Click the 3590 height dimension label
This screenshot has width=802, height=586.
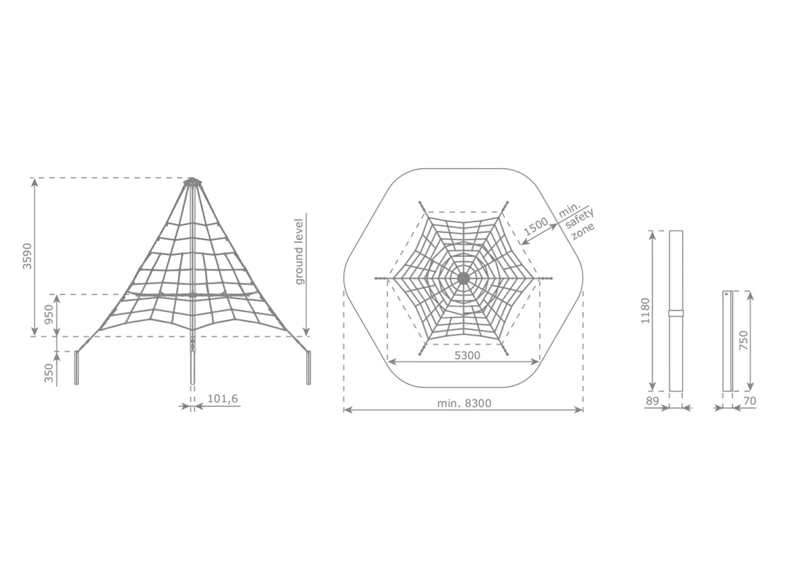point(28,256)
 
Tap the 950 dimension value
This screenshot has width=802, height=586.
point(49,314)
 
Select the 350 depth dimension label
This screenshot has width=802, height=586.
point(49,374)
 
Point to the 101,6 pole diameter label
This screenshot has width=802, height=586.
point(222,399)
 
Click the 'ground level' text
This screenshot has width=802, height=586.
point(299,252)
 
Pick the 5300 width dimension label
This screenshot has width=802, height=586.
point(467,355)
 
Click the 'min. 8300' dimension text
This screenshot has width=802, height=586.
point(464,403)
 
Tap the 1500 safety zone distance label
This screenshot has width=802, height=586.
point(536,226)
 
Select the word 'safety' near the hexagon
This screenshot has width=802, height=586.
point(579,220)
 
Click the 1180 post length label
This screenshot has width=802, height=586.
point(645,311)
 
